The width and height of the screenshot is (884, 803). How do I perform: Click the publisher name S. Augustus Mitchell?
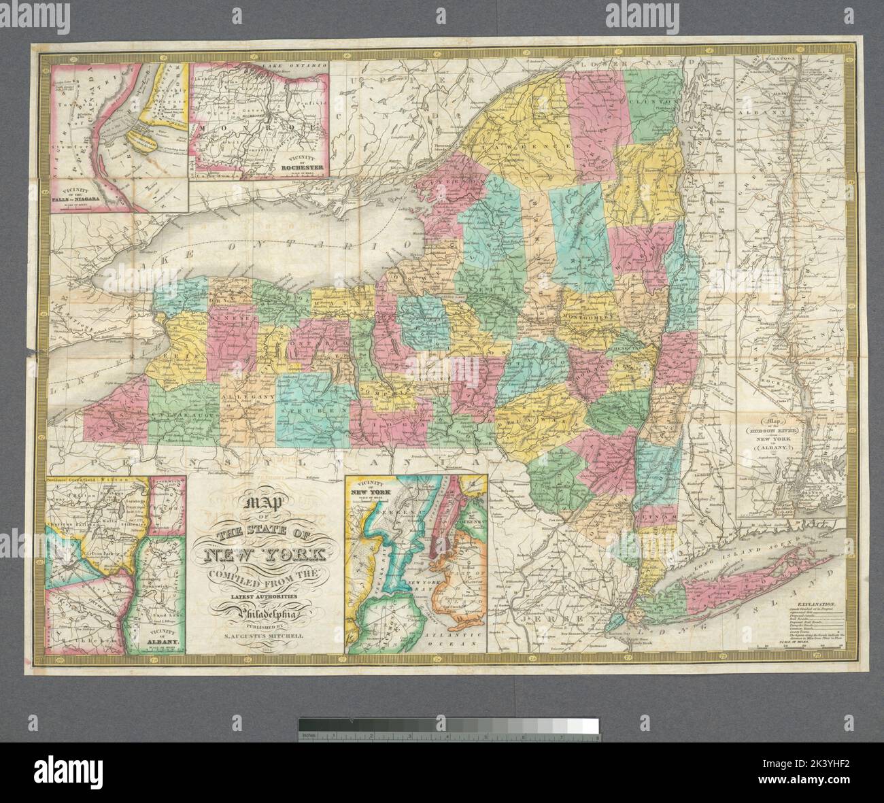click(267, 636)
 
